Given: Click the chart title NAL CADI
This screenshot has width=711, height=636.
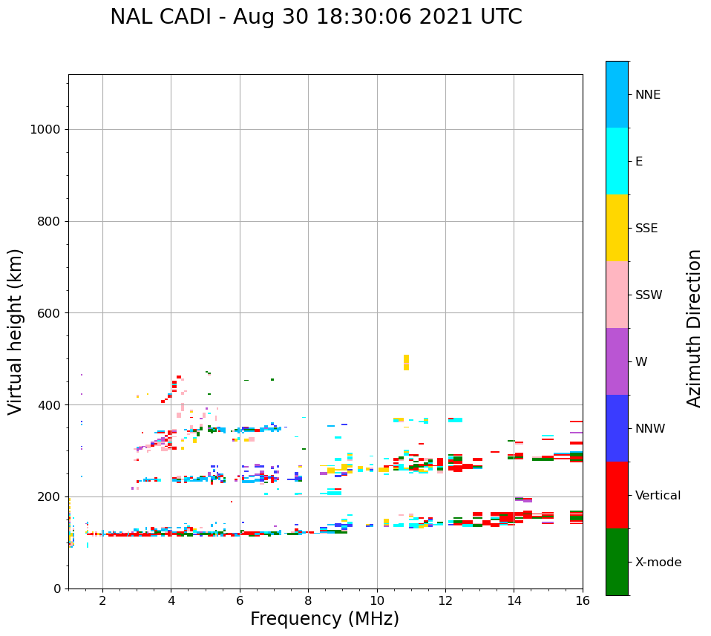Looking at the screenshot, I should pyautogui.click(x=163, y=17).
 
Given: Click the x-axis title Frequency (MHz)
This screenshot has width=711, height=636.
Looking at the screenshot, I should pyautogui.click(x=324, y=619).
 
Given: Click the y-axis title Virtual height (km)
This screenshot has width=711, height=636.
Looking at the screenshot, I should pyautogui.click(x=16, y=332).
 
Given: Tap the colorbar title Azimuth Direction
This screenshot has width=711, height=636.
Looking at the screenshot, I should pyautogui.click(x=694, y=328).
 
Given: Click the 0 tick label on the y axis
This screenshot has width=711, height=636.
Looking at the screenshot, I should pyautogui.click(x=56, y=589).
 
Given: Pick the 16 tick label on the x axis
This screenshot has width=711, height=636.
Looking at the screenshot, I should pyautogui.click(x=583, y=600).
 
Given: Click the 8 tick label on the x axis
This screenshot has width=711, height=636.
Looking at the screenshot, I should pyautogui.click(x=308, y=600).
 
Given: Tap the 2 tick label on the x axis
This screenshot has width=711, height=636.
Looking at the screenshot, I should pyautogui.click(x=102, y=600).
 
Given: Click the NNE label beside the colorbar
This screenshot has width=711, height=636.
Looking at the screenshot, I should pyautogui.click(x=647, y=95).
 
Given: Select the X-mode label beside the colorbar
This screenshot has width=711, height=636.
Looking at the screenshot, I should pyautogui.click(x=658, y=563).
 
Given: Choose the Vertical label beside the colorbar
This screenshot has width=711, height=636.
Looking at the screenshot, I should pyautogui.click(x=658, y=496).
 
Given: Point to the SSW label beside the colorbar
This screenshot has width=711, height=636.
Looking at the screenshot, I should pyautogui.click(x=648, y=295).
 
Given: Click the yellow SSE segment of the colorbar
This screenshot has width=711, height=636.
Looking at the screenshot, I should pyautogui.click(x=617, y=228).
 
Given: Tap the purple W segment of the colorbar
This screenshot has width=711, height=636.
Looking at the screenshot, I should pyautogui.click(x=617, y=361).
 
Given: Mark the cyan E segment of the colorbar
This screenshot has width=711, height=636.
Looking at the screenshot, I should pyautogui.click(x=617, y=161).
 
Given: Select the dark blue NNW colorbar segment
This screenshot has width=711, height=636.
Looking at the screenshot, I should pyautogui.click(x=617, y=428).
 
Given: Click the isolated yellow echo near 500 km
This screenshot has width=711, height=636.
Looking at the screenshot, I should pyautogui.click(x=406, y=362).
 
